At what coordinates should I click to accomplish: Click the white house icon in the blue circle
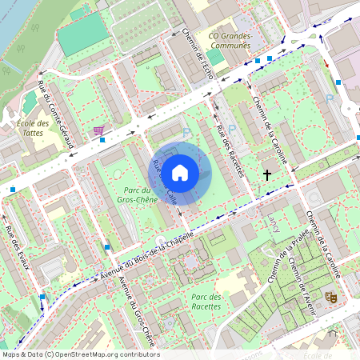coord(180,172)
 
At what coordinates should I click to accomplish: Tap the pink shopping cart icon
coord(98,130)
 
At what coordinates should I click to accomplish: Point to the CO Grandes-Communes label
coord(230,41)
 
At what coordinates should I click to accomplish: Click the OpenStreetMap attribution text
coord(80,354)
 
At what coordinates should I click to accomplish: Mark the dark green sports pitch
coord(82,34)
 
